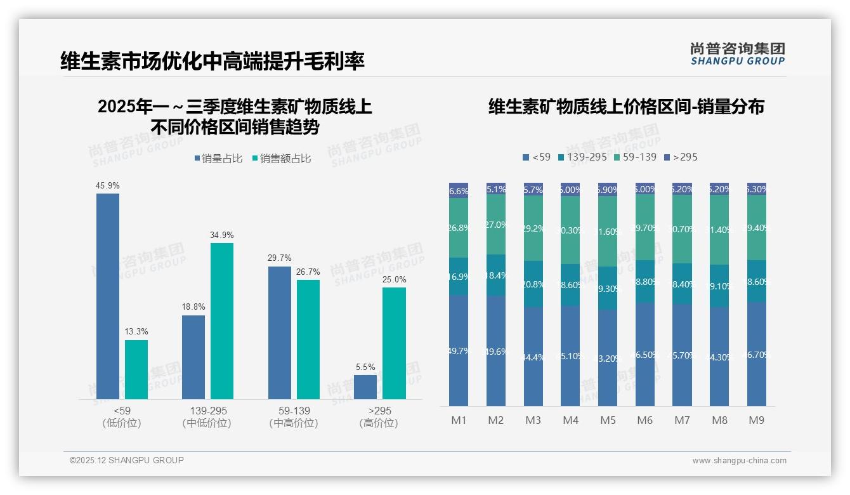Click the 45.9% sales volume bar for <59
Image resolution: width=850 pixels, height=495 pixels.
[108, 296]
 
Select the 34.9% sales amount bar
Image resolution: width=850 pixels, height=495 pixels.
[222, 320]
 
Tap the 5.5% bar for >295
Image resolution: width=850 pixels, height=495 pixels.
[365, 386]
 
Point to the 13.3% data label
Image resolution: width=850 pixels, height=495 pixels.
[136, 331]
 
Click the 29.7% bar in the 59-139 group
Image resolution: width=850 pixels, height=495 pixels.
[280, 332]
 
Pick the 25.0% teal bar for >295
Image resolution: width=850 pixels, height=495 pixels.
[394, 343]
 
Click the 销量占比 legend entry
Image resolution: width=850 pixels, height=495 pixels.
[218, 159]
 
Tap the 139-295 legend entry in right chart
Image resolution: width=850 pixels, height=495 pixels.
[582, 157]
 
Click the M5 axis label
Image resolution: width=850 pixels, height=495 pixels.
[608, 420]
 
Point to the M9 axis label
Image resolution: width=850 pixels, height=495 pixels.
[757, 420]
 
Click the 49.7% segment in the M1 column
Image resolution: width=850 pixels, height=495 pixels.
[459, 350]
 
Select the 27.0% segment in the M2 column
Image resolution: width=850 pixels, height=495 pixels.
[496, 225]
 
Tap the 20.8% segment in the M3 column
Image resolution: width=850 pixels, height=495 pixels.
[533, 284]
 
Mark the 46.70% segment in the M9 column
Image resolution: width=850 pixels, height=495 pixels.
[757, 354]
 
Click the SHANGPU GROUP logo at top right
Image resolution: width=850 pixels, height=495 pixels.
[737, 54]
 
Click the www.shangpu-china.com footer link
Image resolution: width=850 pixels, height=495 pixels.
[739, 461]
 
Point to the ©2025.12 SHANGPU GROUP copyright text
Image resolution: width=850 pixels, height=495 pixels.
[127, 460]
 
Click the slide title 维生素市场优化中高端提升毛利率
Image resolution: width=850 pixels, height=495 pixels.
[213, 62]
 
